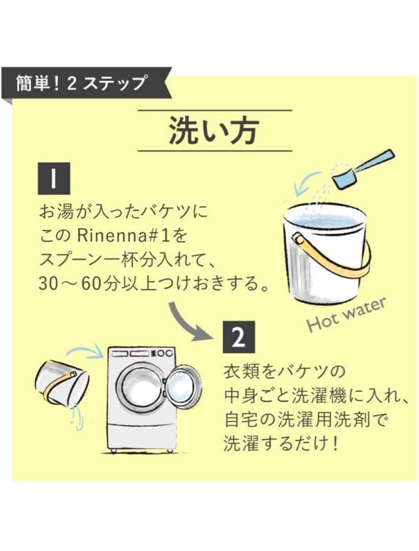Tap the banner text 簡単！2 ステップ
coord(82,82)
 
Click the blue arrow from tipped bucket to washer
coord(84,352)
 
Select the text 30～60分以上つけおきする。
coord(154,282)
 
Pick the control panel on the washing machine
coord(140,354)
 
